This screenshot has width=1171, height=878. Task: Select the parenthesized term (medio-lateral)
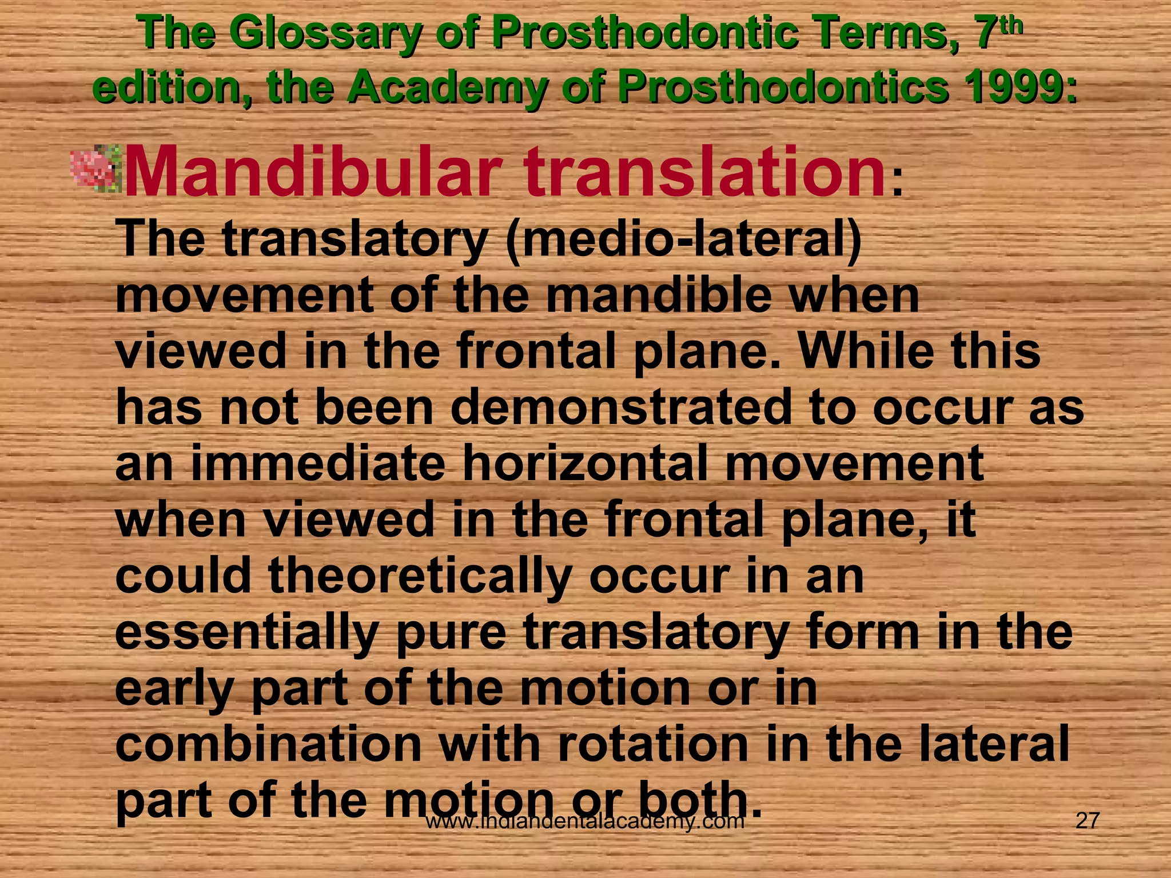683,240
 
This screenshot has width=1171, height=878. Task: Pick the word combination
269,743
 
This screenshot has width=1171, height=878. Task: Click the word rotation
652,743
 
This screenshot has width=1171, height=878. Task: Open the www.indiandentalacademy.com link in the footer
585,822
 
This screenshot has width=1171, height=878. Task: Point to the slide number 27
1087,821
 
